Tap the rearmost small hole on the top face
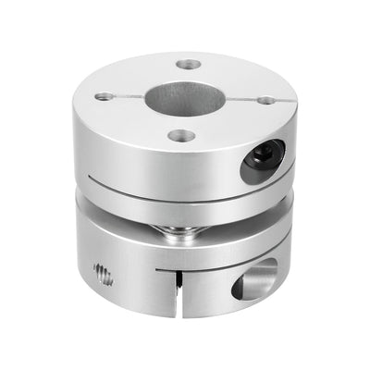189,65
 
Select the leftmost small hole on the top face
102,95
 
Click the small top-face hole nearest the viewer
183,136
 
